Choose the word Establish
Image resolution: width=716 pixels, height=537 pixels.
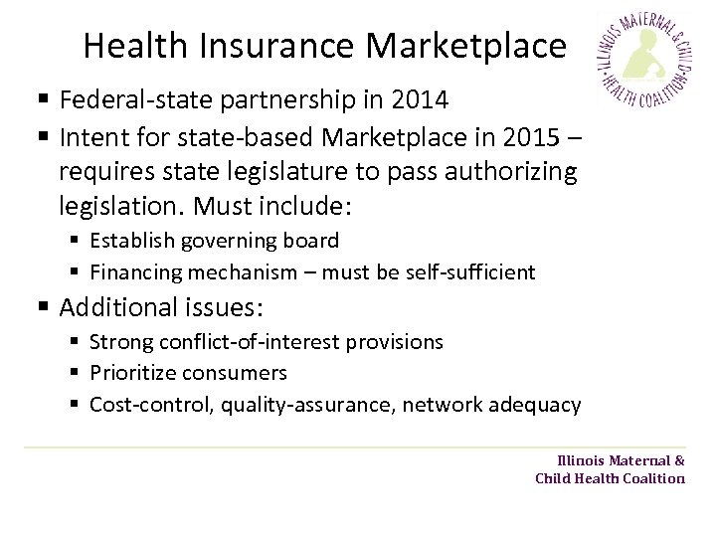tap(130, 240)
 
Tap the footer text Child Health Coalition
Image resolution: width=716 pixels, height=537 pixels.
tap(610, 478)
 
